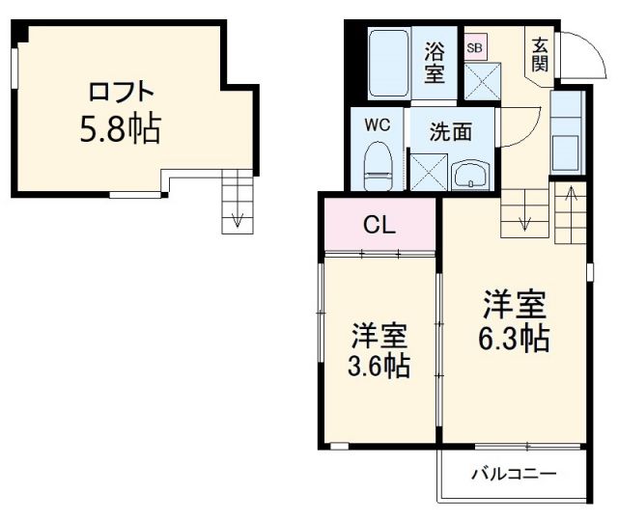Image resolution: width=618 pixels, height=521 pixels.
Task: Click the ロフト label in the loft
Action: click(x=121, y=94)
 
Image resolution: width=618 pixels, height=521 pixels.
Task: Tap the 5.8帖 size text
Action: click(x=120, y=128)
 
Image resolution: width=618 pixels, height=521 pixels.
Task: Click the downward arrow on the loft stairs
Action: click(x=236, y=218)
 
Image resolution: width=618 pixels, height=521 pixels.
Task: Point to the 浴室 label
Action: click(x=435, y=60)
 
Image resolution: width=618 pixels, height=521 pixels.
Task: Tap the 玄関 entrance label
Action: click(x=539, y=54)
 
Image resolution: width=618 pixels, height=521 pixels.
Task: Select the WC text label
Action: click(x=378, y=124)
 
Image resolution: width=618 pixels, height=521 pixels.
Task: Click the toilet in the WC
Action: click(x=378, y=166)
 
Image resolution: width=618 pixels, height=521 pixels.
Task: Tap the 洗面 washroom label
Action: click(x=451, y=131)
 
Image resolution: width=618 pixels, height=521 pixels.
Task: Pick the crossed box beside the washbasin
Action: click(x=425, y=171)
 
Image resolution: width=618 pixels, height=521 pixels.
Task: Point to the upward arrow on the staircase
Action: click(x=570, y=203)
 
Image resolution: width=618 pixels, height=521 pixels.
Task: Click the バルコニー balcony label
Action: click(x=514, y=474)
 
